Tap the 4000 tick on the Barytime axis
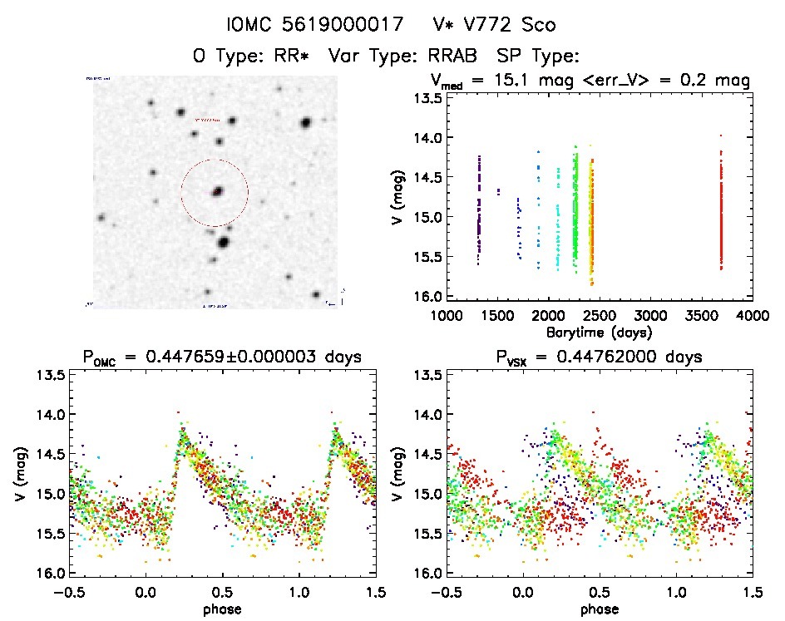pyautogui.click(x=753, y=316)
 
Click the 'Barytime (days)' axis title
pyautogui.click(x=600, y=332)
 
